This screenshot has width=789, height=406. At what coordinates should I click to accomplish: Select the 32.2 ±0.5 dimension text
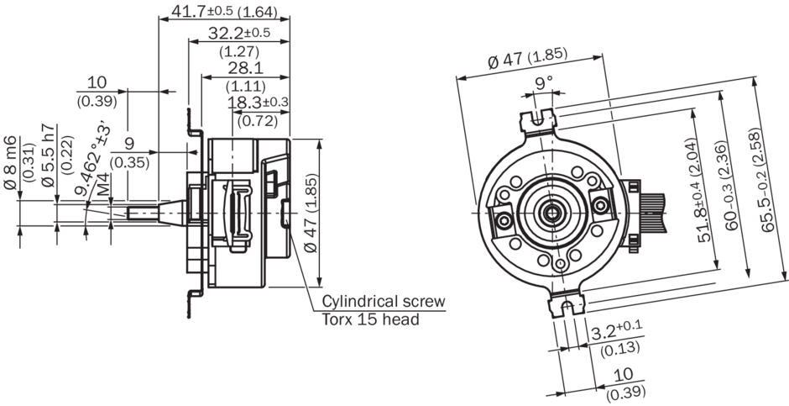(x=228, y=33)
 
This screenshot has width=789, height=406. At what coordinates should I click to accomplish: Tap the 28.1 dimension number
(x=246, y=67)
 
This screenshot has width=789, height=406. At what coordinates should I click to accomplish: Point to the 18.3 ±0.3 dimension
(x=259, y=103)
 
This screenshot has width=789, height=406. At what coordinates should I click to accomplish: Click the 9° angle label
(x=544, y=82)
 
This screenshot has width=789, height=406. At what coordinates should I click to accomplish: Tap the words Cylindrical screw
(x=384, y=302)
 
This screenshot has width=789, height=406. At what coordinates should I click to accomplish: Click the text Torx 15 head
(x=370, y=319)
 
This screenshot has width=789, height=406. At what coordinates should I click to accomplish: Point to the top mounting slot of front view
(x=538, y=119)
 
